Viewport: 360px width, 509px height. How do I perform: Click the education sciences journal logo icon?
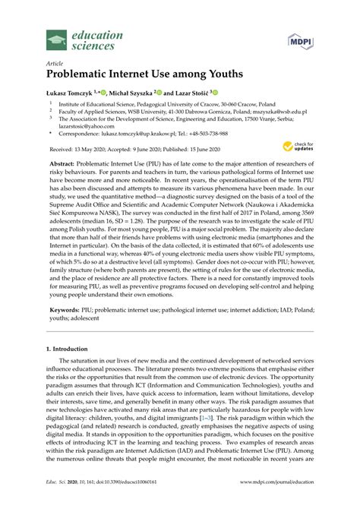click(x=56, y=40)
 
